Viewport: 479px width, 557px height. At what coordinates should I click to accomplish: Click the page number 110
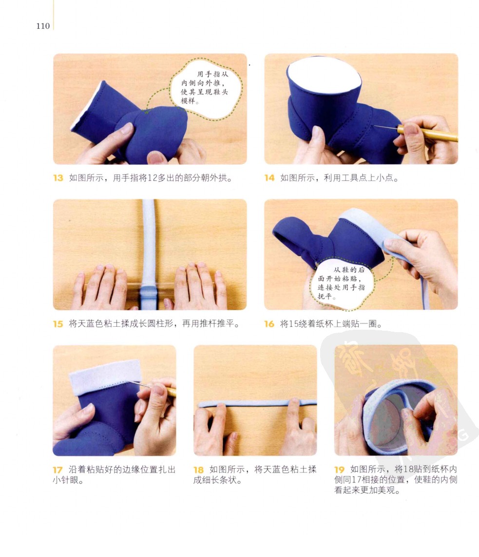pos(42,26)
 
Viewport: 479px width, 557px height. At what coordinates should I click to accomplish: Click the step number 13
pos(58,178)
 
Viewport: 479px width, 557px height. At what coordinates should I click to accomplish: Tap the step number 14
pos(269,178)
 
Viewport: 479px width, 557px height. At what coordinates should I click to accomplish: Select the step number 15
pos(58,324)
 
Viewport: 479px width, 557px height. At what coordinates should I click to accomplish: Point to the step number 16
pos(269,324)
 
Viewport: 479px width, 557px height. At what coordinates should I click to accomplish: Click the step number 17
pos(57,470)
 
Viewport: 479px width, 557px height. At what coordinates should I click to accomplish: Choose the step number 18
pos(198,470)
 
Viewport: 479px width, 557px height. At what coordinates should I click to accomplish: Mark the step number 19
pos(339,470)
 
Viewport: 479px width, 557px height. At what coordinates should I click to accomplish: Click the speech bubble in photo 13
pos(206,88)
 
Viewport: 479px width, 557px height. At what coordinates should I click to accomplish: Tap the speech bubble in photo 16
pos(341,283)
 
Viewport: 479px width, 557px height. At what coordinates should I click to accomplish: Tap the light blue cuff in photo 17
pos(105,377)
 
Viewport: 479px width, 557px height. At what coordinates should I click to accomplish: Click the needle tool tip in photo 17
pos(129,381)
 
